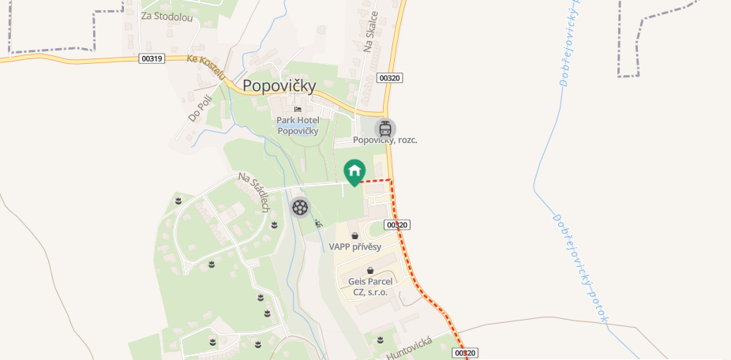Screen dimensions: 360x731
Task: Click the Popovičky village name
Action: (x=279, y=85)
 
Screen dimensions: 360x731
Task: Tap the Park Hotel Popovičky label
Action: (x=297, y=126)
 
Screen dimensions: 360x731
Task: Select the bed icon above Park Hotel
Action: (x=298, y=109)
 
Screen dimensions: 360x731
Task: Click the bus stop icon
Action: (x=385, y=129)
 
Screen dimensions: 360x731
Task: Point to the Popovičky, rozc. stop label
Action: (x=385, y=140)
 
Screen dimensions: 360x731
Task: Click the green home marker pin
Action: (x=354, y=171)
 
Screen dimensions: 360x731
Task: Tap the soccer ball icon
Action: (x=300, y=207)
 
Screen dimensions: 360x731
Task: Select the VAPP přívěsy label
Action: (x=355, y=247)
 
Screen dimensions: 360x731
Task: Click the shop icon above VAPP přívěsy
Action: (x=354, y=235)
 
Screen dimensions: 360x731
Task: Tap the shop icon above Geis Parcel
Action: (x=370, y=270)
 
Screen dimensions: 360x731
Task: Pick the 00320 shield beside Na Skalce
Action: (x=390, y=77)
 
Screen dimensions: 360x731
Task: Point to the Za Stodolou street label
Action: (x=167, y=17)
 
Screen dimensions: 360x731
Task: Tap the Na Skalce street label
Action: (x=371, y=32)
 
